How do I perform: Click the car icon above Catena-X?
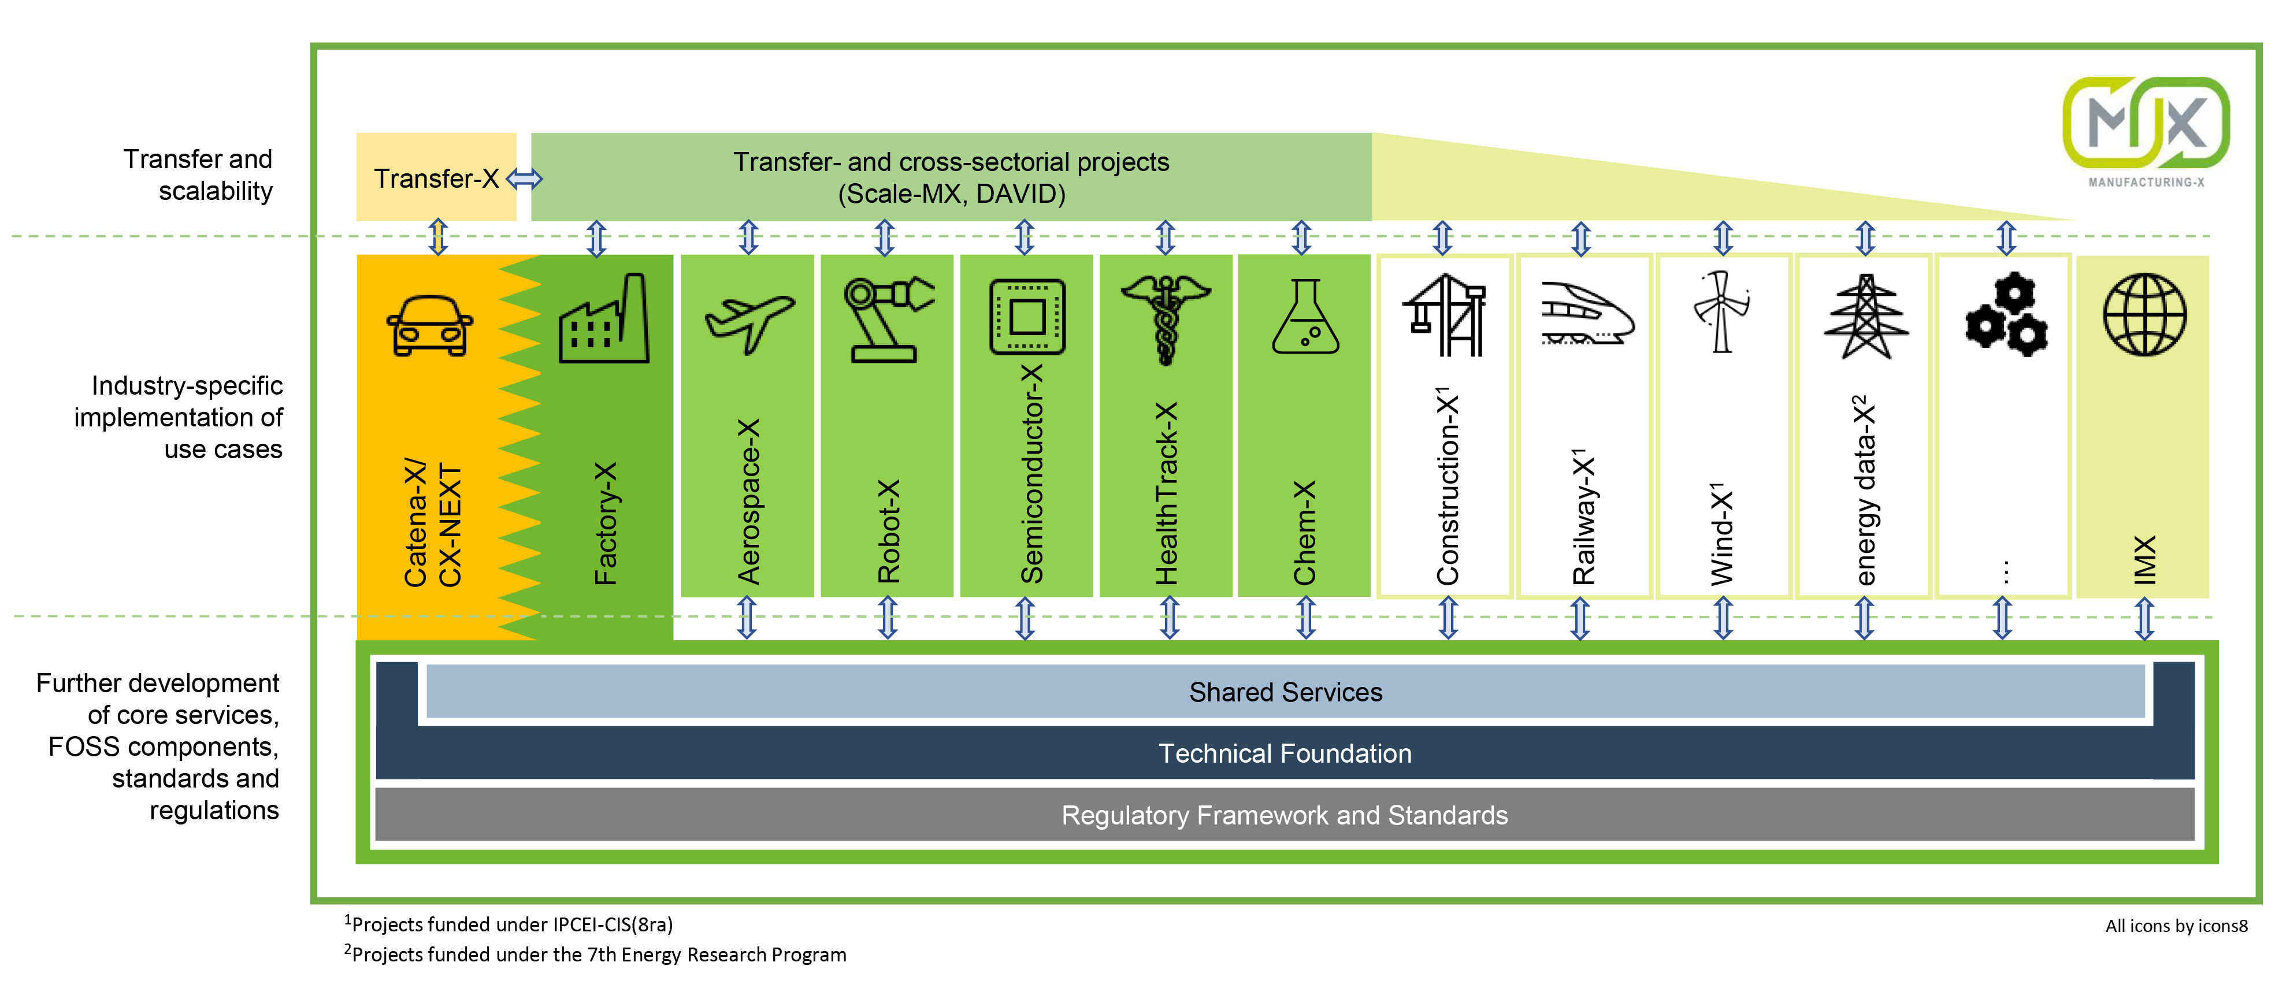point(429,326)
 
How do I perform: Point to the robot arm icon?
point(888,318)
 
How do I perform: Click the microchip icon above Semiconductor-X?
point(1027,317)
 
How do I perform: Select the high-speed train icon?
point(1587,313)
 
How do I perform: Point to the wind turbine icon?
point(1721,311)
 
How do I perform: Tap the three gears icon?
point(2006,314)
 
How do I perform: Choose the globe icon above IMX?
point(2145,314)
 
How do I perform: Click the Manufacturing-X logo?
point(2146,131)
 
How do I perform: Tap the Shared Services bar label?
point(1285,692)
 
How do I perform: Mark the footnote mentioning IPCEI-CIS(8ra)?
point(509,924)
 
